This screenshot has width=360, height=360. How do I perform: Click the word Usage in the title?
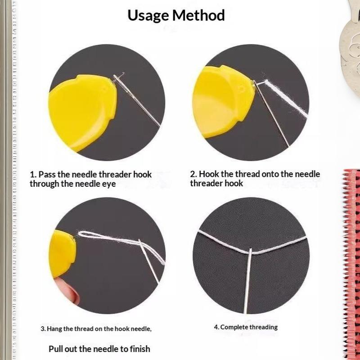coord(148,16)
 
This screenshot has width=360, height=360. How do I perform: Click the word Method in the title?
coord(198,15)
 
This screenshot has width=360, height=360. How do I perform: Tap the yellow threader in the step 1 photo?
coord(82,112)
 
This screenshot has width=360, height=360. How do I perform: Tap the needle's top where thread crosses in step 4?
coord(250,250)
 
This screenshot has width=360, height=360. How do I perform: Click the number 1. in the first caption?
coord(33,175)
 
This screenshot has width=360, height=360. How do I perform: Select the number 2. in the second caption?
coord(193,174)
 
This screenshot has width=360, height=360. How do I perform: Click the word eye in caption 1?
coord(109,184)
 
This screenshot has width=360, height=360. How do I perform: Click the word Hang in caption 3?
coord(54,329)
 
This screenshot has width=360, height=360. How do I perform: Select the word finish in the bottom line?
coord(140,349)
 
